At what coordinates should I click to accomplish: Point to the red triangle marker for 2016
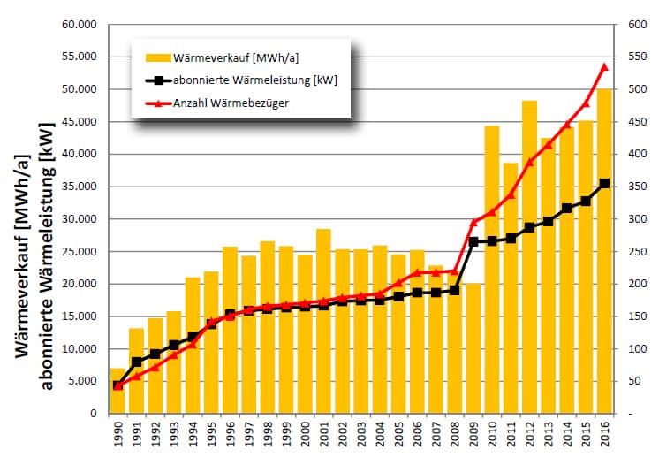(605, 66)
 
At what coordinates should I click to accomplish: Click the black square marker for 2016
(605, 184)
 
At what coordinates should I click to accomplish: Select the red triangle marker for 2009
(473, 222)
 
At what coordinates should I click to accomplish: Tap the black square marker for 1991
(136, 362)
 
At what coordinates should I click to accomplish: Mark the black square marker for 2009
(473, 241)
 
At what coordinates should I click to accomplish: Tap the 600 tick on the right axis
(637, 25)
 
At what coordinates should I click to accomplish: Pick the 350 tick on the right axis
(637, 187)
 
